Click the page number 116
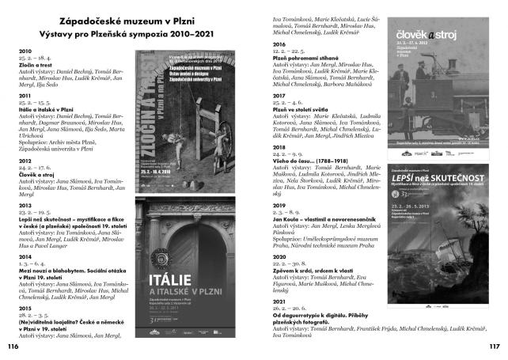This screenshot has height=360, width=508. (12, 347)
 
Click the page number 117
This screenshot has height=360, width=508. (495, 347)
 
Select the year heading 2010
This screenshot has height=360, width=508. (25, 51)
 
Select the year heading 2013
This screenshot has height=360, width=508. (25, 204)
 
